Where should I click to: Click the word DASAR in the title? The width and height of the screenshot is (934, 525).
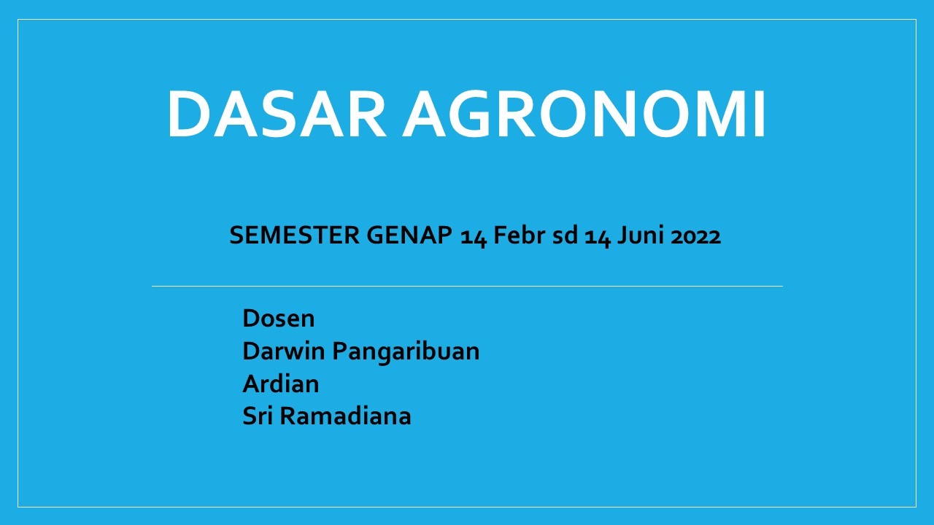coord(277,113)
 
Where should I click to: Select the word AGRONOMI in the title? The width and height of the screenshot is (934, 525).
coord(583,113)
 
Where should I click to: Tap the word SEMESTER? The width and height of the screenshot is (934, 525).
coord(294,235)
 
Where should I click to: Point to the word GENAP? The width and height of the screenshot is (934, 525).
coord(409,235)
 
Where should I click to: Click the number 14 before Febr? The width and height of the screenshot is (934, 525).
coord(474,237)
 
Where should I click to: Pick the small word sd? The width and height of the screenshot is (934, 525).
coord(565,235)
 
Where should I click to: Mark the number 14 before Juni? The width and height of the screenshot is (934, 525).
coord(598,237)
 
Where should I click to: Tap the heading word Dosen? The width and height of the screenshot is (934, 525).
coord(279,319)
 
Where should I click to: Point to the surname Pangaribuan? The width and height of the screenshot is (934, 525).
coord(406,352)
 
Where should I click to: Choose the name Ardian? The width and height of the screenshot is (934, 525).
coord(281,384)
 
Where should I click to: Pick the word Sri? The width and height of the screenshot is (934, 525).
coord(258,416)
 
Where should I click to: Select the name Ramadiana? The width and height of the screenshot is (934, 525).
coord(345,416)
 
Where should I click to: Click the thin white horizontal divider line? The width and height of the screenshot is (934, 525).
coord(467,287)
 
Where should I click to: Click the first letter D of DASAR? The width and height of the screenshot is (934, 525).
coord(189,114)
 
